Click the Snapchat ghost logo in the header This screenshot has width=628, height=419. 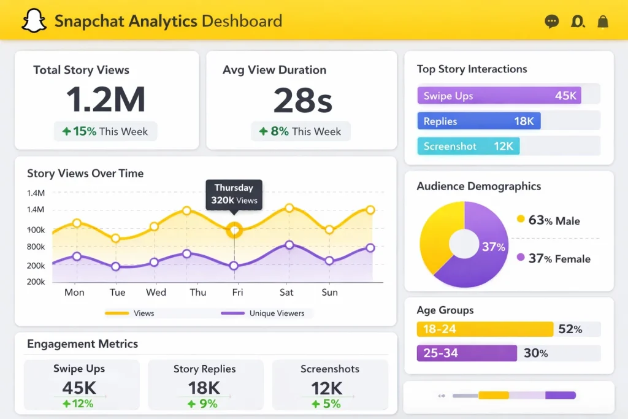tap(34, 21)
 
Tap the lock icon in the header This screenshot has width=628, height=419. tap(603, 22)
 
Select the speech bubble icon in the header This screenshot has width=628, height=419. tap(552, 22)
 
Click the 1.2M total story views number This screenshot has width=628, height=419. tap(105, 99)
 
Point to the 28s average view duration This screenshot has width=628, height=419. tap(302, 100)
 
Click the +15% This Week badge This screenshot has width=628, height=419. tap(105, 131)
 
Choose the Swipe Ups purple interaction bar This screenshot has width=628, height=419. tap(499, 96)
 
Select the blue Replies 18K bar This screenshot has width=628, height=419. tap(479, 121)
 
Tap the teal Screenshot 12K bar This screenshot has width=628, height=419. tap(469, 146)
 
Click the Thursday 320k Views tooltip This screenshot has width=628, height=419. tap(234, 194)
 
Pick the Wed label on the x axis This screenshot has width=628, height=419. tap(156, 293)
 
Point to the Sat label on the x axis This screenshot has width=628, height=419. tap(286, 293)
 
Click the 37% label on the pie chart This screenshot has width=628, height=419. tap(493, 247)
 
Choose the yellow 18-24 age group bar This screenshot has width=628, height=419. tap(485, 329)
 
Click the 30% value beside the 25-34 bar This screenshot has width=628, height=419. tap(535, 353)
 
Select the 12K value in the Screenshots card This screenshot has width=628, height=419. tap(326, 388)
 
